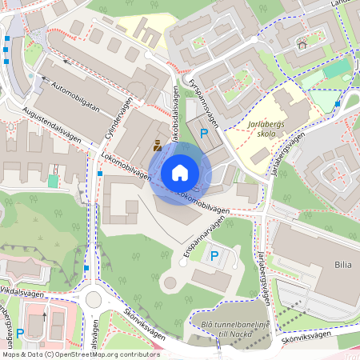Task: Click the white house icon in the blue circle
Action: click(180, 173)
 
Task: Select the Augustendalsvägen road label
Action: click(53, 124)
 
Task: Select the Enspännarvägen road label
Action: click(200, 240)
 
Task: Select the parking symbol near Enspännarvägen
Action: click(214, 256)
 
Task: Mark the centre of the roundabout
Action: click(94, 298)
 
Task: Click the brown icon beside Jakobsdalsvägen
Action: click(158, 146)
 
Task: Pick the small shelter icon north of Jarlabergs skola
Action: click(302, 44)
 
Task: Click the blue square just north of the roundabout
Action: click(86, 268)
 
